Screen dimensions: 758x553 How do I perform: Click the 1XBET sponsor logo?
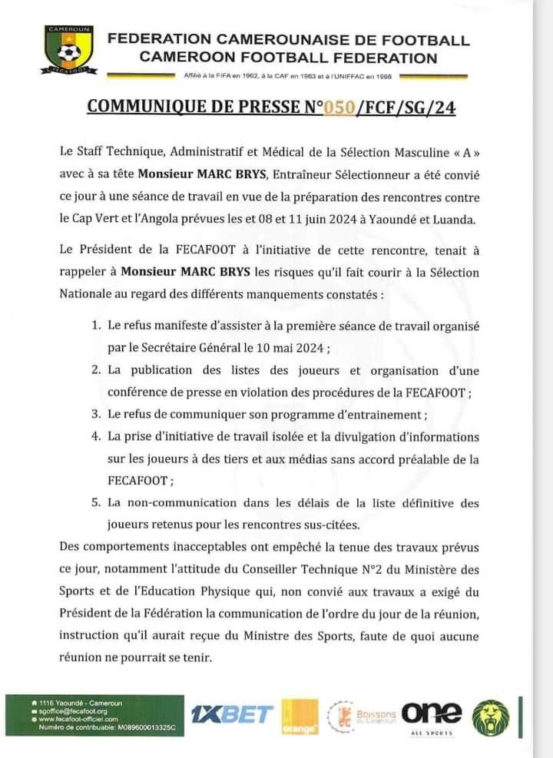pos(232,714)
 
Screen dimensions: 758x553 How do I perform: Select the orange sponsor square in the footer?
pos(300,716)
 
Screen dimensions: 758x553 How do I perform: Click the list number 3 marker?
pos(96,414)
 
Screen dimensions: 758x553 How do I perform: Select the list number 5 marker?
pos(96,503)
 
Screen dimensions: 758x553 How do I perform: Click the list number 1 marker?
pos(96,326)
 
